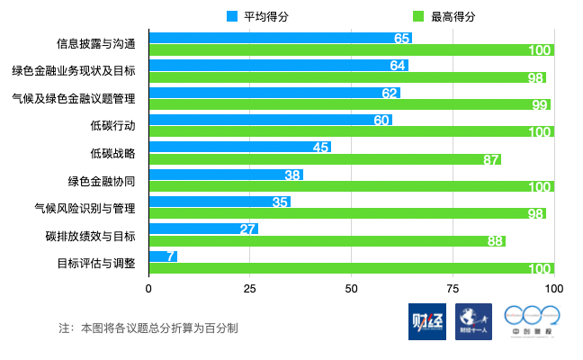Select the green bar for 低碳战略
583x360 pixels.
pyautogui.click(x=324, y=159)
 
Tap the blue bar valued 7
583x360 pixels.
pyautogui.click(x=163, y=256)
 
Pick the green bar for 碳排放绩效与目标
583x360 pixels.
pyautogui.click(x=327, y=241)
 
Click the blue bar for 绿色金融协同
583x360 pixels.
pyautogui.click(x=225, y=175)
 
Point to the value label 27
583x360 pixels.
pyautogui.click(x=249, y=229)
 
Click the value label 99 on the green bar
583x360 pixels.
pyautogui.click(x=540, y=105)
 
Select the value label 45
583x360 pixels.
pyautogui.click(x=321, y=148)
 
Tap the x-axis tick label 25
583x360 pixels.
pyautogui.click(x=250, y=289)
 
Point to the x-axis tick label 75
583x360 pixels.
pyautogui.click(x=453, y=289)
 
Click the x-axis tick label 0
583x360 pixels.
pyautogui.click(x=148, y=289)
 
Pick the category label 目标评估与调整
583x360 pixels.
pyautogui.click(x=96, y=263)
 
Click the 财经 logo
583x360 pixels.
pyautogui.click(x=426, y=321)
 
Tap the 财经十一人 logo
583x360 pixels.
pyautogui.click(x=473, y=321)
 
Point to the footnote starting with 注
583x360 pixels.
pyautogui.click(x=148, y=328)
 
